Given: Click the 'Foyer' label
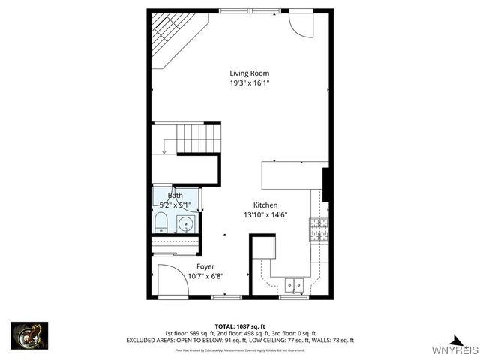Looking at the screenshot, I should tap(205, 266).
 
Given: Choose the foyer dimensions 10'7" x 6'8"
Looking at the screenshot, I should tap(205, 276).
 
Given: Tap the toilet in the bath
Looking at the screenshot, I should tap(160, 222).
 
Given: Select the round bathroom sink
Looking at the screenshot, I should tap(186, 223).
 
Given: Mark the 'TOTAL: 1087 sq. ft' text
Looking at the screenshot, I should tap(240, 326).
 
